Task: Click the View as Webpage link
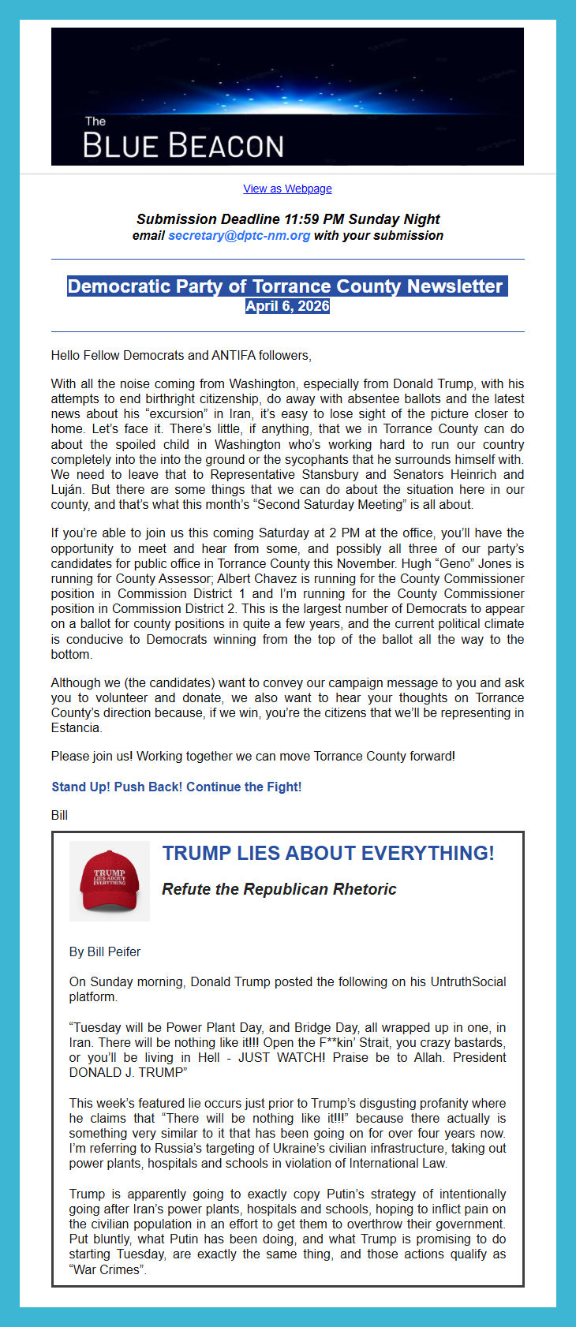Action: click(287, 189)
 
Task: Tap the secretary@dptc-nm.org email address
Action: click(239, 236)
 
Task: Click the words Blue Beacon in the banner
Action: click(183, 146)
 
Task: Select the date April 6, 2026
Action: click(287, 306)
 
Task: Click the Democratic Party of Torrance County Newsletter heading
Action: click(285, 286)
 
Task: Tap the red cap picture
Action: click(110, 881)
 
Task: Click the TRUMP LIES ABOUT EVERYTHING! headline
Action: click(328, 853)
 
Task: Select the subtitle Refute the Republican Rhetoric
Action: click(279, 889)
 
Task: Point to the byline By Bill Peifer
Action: click(105, 951)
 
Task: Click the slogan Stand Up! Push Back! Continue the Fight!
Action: click(177, 787)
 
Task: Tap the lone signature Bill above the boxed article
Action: click(59, 815)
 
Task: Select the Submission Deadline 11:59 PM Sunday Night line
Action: click(288, 219)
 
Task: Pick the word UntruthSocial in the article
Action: click(469, 981)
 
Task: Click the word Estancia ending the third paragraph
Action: click(76, 727)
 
